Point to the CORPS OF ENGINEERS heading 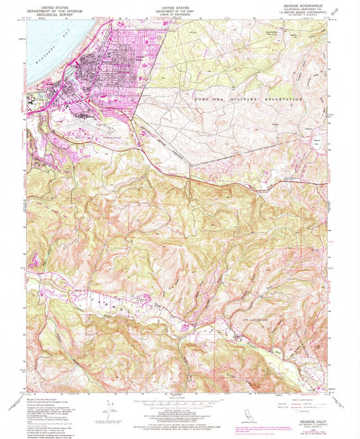pos(179,14)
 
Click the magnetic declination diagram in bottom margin pos(107,407)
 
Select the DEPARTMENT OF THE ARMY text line pos(179,10)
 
